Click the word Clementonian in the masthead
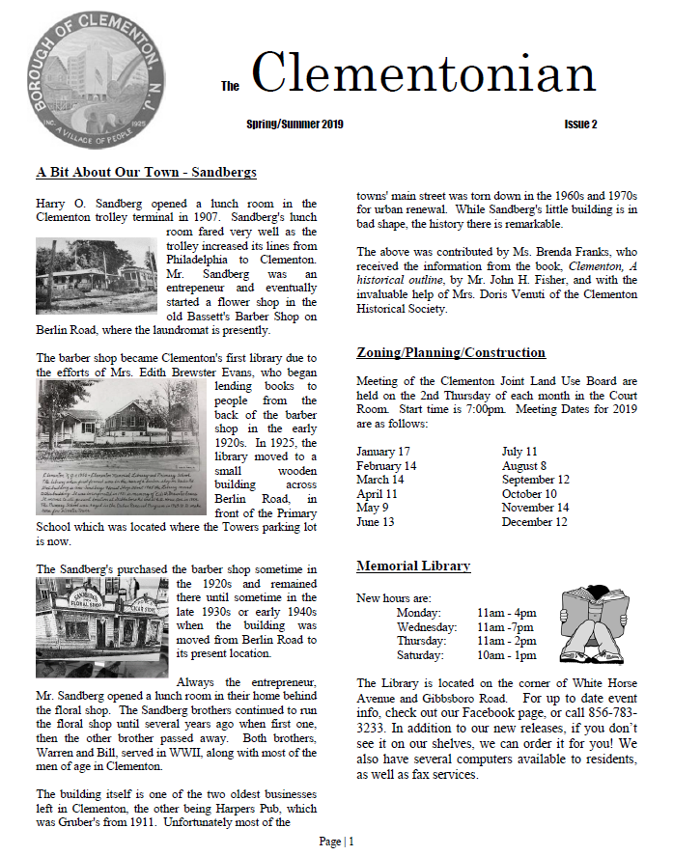click(423, 75)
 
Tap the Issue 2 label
click(580, 124)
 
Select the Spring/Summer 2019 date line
click(294, 124)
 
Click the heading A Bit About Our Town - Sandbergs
click(146, 173)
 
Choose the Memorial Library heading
click(413, 566)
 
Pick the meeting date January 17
click(383, 452)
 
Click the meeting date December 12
click(534, 522)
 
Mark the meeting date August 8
click(525, 466)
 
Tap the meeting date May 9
click(372, 508)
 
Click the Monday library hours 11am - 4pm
click(506, 613)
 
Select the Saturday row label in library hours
click(421, 655)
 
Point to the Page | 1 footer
click(336, 842)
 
